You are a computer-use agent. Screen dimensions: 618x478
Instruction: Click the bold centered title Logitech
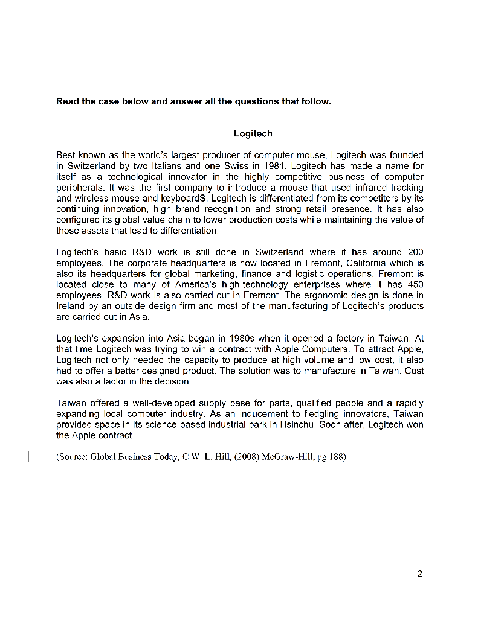[253, 133]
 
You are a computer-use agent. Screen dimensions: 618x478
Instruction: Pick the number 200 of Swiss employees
[416, 252]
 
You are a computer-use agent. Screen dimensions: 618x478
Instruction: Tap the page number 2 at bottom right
[419, 574]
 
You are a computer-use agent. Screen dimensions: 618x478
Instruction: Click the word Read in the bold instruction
[67, 101]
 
